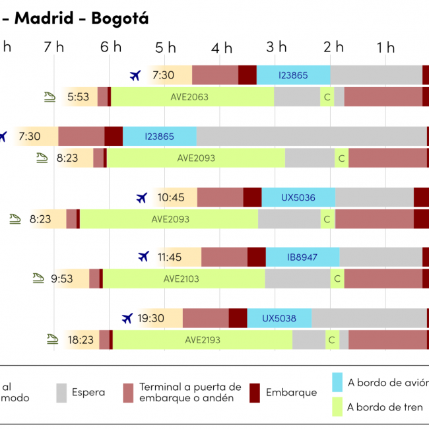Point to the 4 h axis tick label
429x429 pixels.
[222, 48]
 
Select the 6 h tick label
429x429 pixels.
[111, 47]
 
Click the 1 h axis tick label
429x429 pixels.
[385, 48]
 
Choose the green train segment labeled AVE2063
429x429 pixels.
[189, 97]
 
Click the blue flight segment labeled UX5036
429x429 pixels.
[298, 197]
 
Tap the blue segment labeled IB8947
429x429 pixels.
[302, 257]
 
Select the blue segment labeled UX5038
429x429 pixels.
[279, 318]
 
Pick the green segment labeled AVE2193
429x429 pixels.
[203, 340]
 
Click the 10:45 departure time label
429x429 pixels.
[171, 197]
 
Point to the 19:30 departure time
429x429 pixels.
[151, 318]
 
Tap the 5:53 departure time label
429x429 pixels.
[78, 97]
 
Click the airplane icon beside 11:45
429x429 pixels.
[144, 256]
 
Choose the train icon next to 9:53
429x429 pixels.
[38, 279]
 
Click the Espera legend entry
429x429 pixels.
[88, 393]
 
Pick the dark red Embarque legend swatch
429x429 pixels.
[255, 393]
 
